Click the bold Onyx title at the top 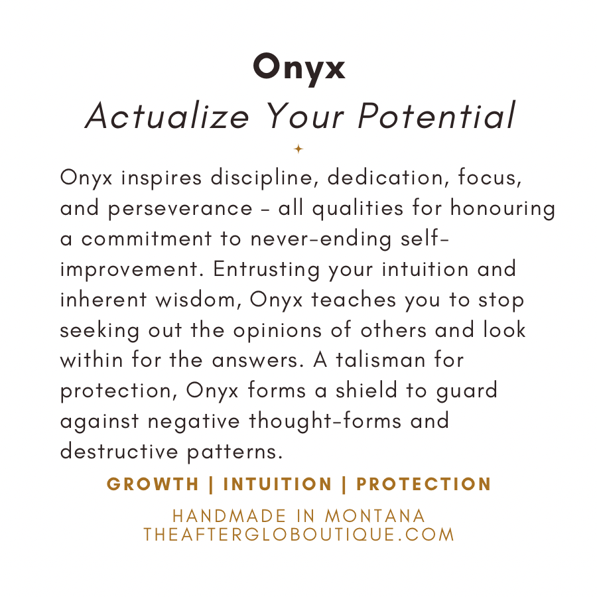pos(299,68)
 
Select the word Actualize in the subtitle pos(167,115)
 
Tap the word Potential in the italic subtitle pos(436,115)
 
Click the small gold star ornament pos(298,149)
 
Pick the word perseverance pos(180,209)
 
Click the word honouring pos(503,208)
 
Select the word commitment pos(146,239)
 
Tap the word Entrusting pos(266,269)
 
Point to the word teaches pos(354,300)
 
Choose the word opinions pos(277,330)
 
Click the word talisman pos(380,360)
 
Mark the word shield pos(366,391)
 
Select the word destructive pos(119,452)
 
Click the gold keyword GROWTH pos(153,484)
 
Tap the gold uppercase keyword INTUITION pos(277,484)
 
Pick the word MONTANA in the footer pos(375,516)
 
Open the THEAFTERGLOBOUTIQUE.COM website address pos(299,535)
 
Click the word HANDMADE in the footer pos(230,516)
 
